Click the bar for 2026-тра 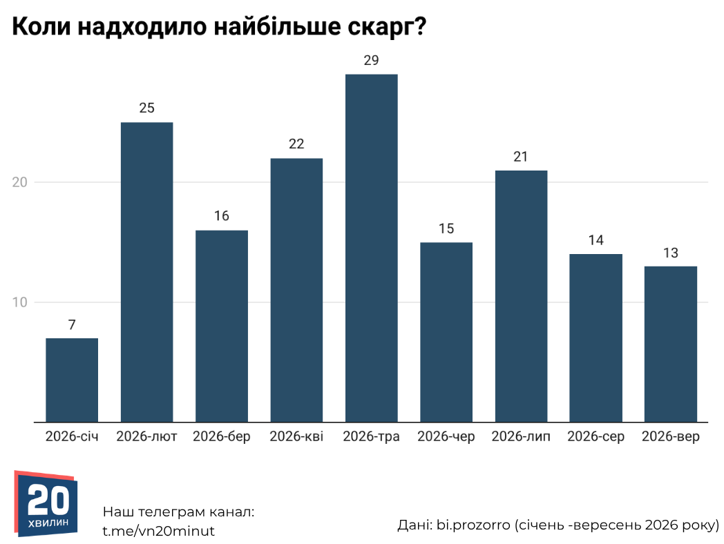(x=371, y=249)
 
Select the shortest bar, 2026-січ (x=72, y=380)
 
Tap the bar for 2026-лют (x=147, y=272)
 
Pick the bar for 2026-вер (x=670, y=344)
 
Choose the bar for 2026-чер (x=446, y=332)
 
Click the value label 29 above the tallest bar (x=371, y=61)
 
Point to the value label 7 (x=72, y=325)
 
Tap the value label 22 (x=296, y=144)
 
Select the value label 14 (x=596, y=240)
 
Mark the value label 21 (x=521, y=157)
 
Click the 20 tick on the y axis (x=20, y=182)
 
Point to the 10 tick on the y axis (x=20, y=302)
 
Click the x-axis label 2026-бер (x=222, y=436)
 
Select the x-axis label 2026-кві (x=296, y=436)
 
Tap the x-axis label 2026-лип (x=521, y=436)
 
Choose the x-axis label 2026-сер (x=596, y=436)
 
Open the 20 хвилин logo (x=46, y=503)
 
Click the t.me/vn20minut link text (x=158, y=531)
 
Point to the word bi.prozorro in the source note (x=473, y=525)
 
